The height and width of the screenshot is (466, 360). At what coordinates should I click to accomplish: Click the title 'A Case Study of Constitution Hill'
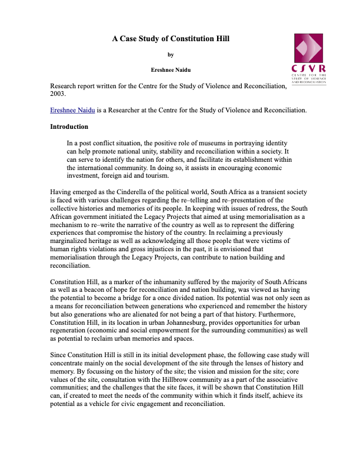pos(171,39)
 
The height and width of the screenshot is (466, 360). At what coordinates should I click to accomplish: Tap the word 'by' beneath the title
pos(171,55)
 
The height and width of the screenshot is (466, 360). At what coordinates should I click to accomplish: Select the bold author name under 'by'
pos(171,70)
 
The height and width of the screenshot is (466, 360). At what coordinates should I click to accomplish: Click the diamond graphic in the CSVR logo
pos(309,48)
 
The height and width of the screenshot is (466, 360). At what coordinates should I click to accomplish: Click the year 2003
pos(58,94)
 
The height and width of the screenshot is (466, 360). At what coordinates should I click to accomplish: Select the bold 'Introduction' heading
pos(69,127)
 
